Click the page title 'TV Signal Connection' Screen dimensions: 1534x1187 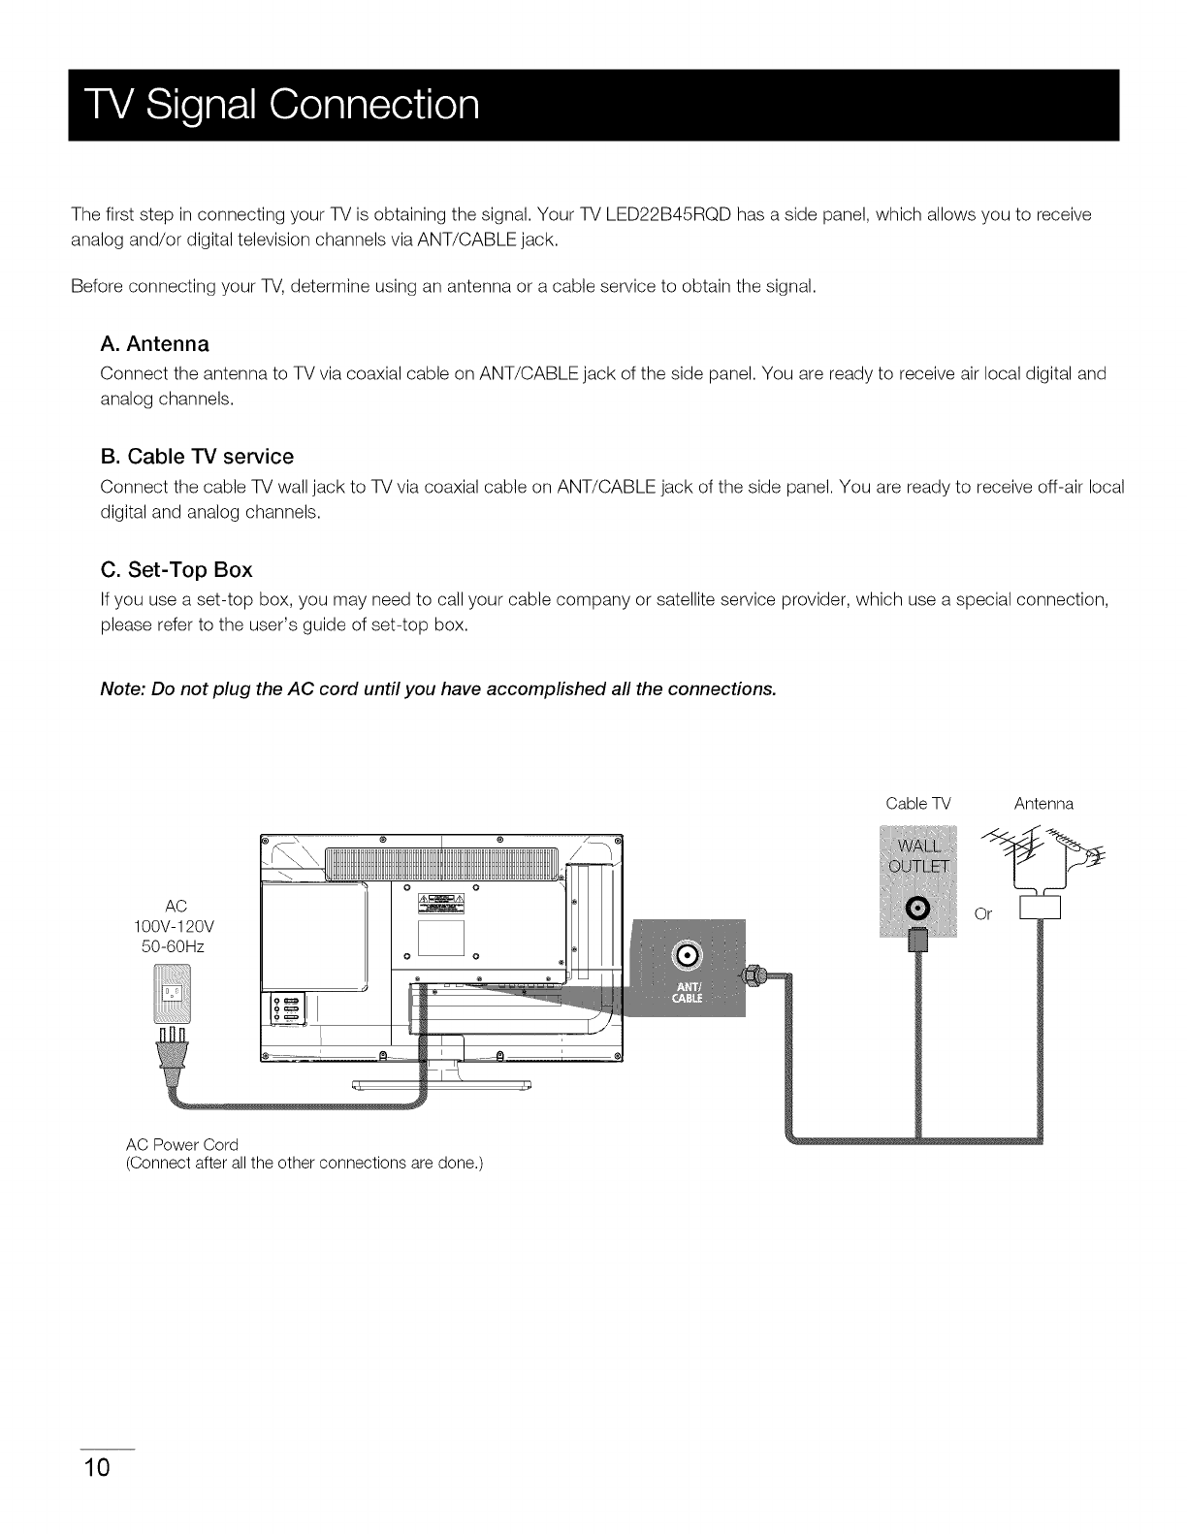coord(275,104)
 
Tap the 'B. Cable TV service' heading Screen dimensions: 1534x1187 coord(197,456)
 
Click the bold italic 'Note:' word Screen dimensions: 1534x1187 coord(122,689)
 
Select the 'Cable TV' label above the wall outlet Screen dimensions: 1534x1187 coord(918,804)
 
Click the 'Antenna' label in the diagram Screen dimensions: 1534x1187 coord(1043,804)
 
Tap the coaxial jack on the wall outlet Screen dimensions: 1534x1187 coord(917,908)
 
